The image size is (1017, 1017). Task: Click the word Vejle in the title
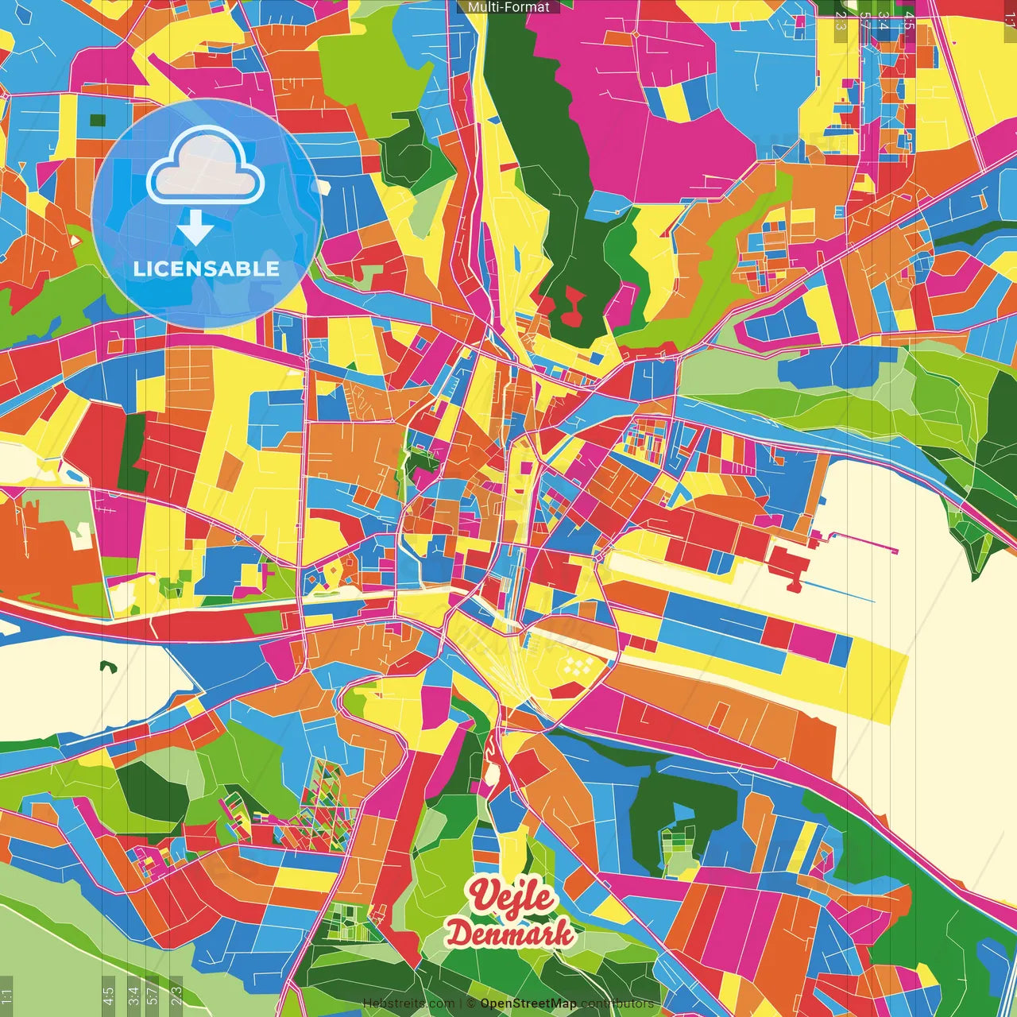511,896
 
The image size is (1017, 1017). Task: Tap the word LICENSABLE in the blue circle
206,269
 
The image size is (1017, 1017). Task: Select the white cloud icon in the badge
206,168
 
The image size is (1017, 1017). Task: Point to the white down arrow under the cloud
195,228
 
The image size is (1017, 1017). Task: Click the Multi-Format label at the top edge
508,6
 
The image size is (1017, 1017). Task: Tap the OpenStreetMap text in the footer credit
528,1003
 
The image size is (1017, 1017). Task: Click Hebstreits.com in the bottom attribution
408,1003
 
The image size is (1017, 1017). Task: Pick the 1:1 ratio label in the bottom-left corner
6,996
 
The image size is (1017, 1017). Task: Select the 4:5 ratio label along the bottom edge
108,996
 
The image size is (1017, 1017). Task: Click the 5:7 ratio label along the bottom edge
153,996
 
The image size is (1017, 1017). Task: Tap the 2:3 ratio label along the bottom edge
176,996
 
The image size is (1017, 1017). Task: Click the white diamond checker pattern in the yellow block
578,664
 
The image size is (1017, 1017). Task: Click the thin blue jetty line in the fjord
838,593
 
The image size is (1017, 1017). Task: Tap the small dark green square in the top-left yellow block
98,121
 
